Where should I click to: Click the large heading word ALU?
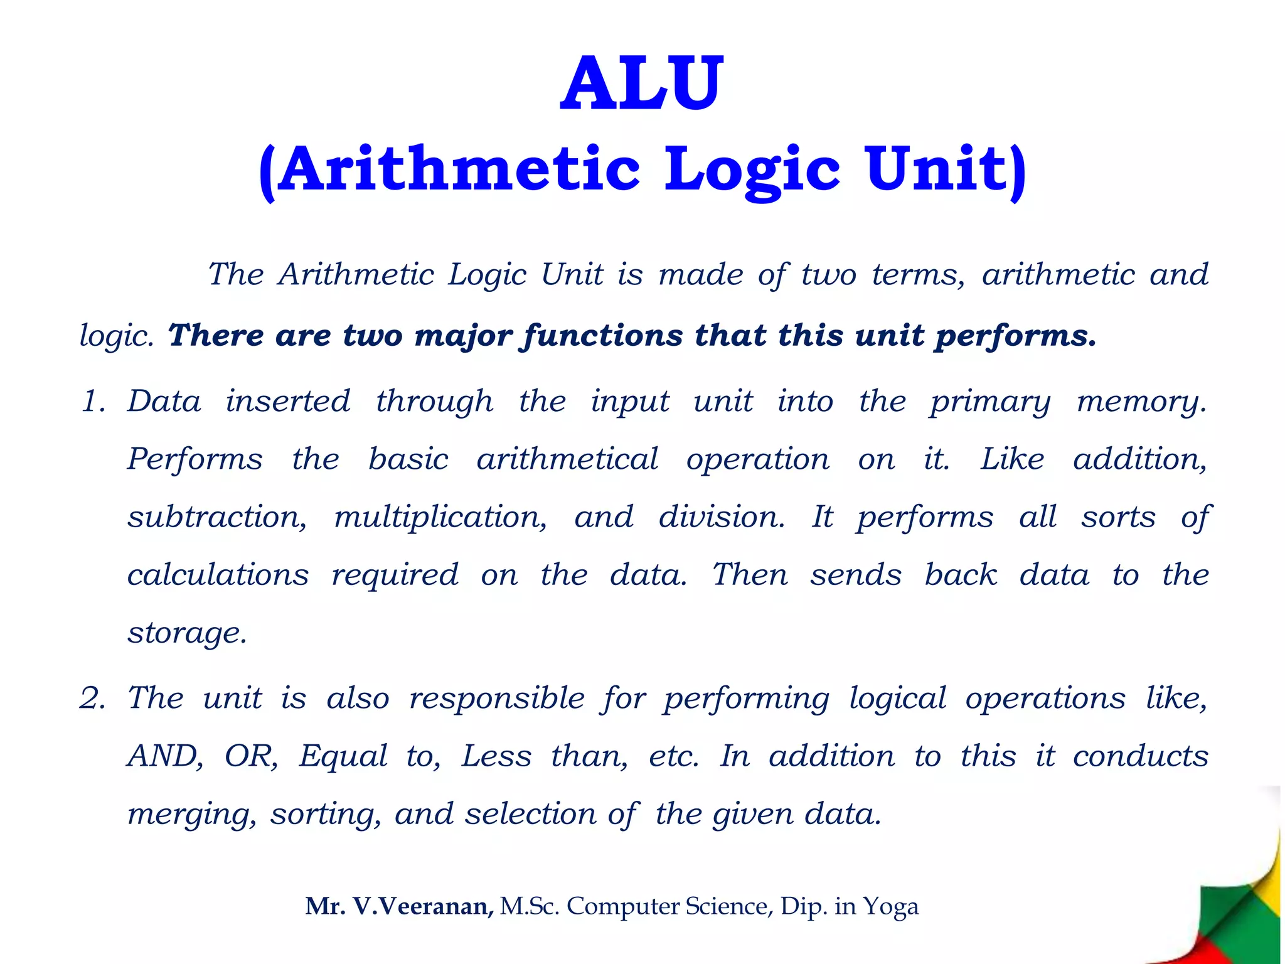point(642,83)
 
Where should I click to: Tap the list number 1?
point(92,402)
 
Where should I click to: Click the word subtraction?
point(217,518)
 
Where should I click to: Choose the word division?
point(722,518)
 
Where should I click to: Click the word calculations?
point(218,575)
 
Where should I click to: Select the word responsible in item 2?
point(497,699)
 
